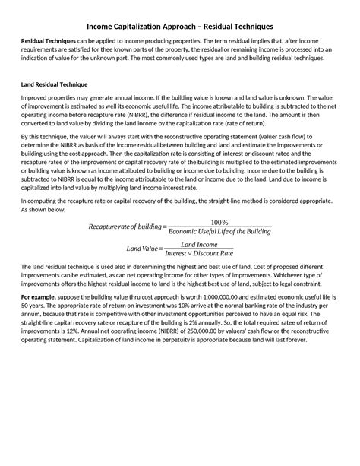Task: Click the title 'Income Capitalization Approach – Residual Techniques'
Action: click(x=179, y=26)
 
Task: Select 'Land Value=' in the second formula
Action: click(x=142, y=249)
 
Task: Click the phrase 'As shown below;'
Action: click(x=39, y=208)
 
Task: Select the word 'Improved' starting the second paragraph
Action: click(x=34, y=98)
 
